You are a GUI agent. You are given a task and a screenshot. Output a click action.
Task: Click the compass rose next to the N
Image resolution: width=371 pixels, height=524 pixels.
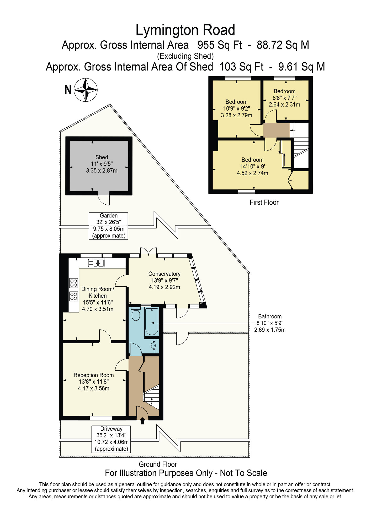click(86, 90)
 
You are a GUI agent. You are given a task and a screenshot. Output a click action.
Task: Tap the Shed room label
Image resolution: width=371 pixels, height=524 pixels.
click(102, 164)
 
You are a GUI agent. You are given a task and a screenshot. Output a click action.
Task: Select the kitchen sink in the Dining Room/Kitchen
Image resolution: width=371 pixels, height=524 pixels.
click(96, 263)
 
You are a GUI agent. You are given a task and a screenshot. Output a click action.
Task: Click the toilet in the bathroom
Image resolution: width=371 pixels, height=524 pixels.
click(136, 314)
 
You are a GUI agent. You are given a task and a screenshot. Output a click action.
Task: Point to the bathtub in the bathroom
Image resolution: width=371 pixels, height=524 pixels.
click(152, 321)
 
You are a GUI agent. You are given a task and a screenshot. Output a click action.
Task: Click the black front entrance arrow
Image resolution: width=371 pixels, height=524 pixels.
click(142, 421)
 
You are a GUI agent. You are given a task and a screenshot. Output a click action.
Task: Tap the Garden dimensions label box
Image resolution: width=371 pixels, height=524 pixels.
click(108, 226)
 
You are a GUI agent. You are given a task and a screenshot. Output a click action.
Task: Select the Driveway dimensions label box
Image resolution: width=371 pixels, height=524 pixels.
click(111, 439)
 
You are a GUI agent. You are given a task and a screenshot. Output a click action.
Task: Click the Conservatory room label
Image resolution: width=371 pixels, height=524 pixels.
click(164, 280)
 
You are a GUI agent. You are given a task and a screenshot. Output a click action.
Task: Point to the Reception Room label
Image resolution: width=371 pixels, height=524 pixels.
click(94, 382)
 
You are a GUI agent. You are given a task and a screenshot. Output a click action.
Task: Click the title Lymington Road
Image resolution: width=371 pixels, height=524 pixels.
click(185, 30)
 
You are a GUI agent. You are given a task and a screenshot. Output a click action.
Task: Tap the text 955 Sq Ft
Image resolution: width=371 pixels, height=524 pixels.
click(219, 45)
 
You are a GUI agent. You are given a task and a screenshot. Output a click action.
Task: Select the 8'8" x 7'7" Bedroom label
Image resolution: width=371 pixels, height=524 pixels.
click(284, 98)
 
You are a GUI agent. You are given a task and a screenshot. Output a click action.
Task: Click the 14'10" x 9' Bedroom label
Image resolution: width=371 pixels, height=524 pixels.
click(252, 166)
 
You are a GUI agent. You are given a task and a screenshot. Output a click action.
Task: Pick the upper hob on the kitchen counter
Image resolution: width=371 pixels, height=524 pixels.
click(74, 283)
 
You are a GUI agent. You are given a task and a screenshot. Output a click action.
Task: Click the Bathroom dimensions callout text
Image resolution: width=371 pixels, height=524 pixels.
click(270, 323)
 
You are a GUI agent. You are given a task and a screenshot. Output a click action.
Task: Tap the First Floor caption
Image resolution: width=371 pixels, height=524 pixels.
click(264, 202)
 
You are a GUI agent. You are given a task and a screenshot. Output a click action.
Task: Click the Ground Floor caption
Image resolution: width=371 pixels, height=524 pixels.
click(158, 464)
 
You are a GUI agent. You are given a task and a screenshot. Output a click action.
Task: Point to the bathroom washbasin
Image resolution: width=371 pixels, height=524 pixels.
click(153, 345)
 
